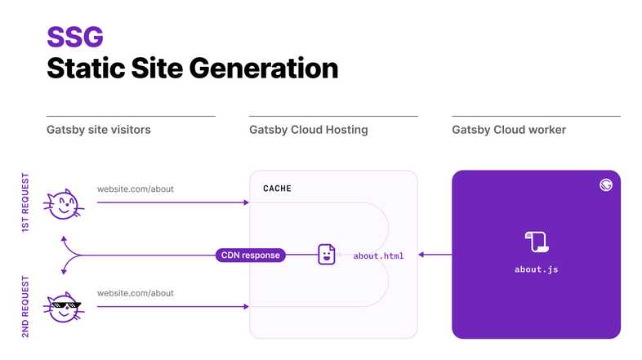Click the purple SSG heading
pyautogui.click(x=74, y=36)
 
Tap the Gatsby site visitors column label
pyautogui.click(x=98, y=130)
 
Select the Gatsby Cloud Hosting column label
pyautogui.click(x=308, y=130)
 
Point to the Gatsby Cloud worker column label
pyautogui.click(x=508, y=130)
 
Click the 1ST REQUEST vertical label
pyautogui.click(x=25, y=202)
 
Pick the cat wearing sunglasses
pyautogui.click(x=64, y=307)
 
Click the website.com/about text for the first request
pyautogui.click(x=135, y=189)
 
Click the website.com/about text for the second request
pyautogui.click(x=135, y=293)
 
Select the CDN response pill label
pyautogui.click(x=251, y=256)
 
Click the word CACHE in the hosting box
pyautogui.click(x=277, y=189)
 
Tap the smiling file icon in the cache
pyautogui.click(x=326, y=255)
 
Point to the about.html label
pyautogui.click(x=378, y=256)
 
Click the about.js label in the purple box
pyautogui.click(x=536, y=269)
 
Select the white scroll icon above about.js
pyautogui.click(x=536, y=241)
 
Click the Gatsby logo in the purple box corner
pyautogui.click(x=605, y=184)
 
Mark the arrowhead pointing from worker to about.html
pyautogui.click(x=422, y=255)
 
